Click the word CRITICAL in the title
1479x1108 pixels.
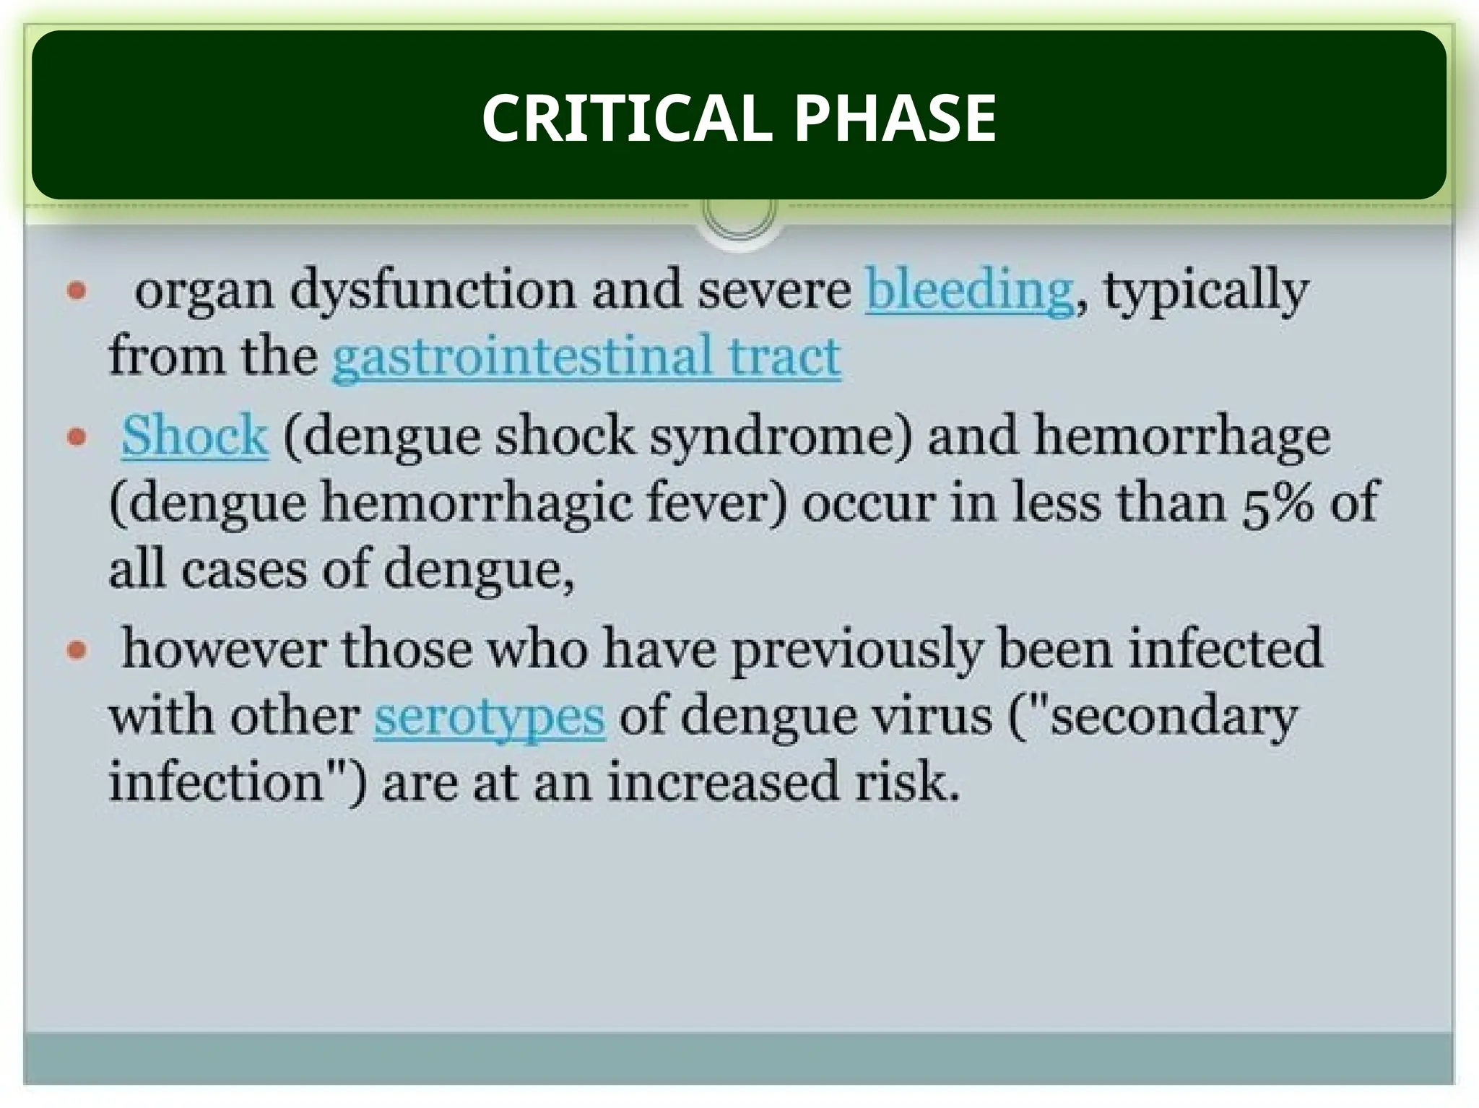625,118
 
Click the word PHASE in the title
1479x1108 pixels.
895,118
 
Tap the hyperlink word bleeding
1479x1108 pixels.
969,291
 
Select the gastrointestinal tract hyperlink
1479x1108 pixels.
586,357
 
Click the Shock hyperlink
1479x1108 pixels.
194,436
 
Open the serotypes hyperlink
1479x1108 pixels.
489,717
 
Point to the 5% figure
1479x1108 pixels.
1278,503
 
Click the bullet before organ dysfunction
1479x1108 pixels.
77,292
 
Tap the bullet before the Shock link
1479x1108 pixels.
77,437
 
